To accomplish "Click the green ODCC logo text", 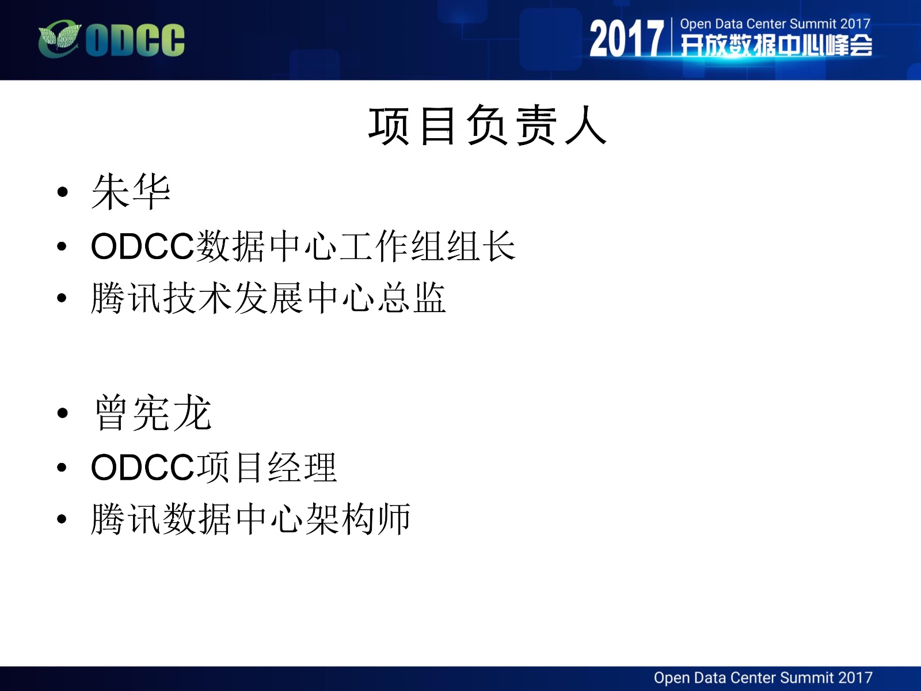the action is click(x=135, y=40).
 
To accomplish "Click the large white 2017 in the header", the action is click(x=626, y=39).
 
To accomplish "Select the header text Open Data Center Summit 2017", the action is click(x=775, y=24).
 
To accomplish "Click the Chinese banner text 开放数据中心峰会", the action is click(x=777, y=45).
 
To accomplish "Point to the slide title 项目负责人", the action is click(x=488, y=126).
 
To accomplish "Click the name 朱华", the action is click(x=131, y=192).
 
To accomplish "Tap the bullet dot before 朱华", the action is click(x=63, y=192).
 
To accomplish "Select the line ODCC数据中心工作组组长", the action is click(x=303, y=246).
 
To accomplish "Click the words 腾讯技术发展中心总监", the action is click(x=268, y=298).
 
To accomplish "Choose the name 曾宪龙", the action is click(x=153, y=413).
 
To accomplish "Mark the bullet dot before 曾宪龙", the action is click(x=63, y=413).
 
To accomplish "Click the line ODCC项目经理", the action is click(x=214, y=468).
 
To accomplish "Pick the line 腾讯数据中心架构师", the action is click(x=250, y=519).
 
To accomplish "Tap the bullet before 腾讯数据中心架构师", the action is click(x=62, y=519).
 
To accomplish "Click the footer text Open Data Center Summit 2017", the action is click(x=763, y=678).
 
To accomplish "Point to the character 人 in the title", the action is click(x=586, y=126).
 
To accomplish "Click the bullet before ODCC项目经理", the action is click(x=62, y=468).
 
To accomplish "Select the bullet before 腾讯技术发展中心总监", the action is click(x=62, y=298).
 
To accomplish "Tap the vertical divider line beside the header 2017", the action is click(x=672, y=37).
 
